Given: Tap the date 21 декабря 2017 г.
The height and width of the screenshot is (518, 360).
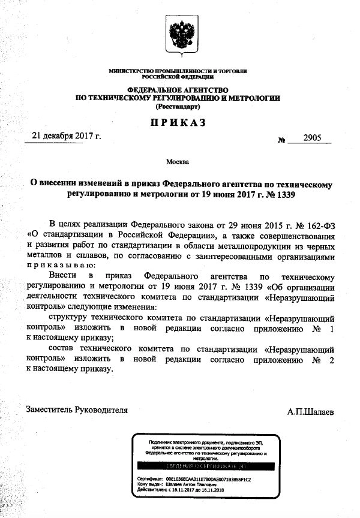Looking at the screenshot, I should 67,135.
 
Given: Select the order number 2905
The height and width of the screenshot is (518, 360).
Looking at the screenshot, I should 313,137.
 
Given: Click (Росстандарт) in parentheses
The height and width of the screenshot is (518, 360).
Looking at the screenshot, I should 178,106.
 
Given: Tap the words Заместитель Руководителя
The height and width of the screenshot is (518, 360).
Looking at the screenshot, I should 77,410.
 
